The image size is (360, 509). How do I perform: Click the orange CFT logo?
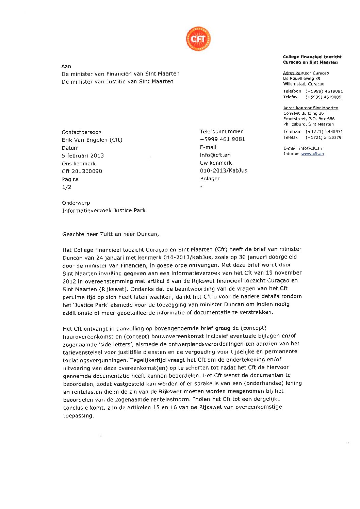click(198, 39)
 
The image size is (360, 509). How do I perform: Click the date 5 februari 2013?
click(83, 155)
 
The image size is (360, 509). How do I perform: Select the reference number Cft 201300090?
click(82, 171)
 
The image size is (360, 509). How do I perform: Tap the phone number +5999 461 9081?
click(222, 139)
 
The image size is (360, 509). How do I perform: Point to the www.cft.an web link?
click(312, 154)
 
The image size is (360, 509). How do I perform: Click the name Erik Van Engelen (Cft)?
click(92, 140)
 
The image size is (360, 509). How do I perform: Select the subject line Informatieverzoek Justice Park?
click(103, 211)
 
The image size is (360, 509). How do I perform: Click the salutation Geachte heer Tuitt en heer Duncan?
click(110, 234)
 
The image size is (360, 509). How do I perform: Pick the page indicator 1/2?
click(66, 187)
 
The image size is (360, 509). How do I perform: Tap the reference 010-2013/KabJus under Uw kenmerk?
click(224, 170)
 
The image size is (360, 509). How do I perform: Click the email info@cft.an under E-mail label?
click(215, 155)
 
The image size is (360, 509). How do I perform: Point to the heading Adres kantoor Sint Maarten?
click(311, 108)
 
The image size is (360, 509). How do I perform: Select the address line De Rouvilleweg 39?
click(301, 79)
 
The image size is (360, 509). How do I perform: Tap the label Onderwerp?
click(76, 203)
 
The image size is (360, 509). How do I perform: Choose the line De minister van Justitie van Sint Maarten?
click(117, 82)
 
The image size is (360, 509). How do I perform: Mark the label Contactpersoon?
click(81, 132)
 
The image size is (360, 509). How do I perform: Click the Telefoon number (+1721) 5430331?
click(324, 132)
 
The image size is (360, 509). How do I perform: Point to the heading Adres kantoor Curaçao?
click(306, 73)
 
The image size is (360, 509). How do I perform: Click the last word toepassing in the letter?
click(78, 416)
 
